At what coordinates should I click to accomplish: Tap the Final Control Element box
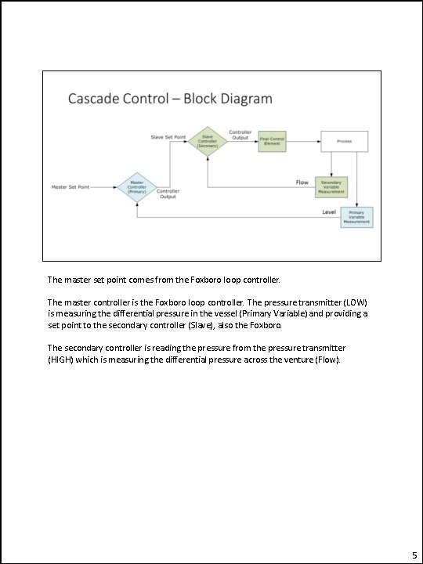tap(273, 142)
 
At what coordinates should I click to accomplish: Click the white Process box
tap(343, 141)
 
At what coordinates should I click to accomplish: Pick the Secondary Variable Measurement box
tap(331, 186)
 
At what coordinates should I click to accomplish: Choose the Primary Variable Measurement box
tap(356, 217)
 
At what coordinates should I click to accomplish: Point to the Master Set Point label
tap(70, 187)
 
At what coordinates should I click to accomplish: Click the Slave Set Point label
tap(168, 138)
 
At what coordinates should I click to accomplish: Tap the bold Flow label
tap(302, 183)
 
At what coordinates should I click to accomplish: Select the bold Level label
tap(329, 211)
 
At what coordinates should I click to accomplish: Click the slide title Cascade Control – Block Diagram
tap(170, 99)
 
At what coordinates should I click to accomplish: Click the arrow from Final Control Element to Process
tap(302, 142)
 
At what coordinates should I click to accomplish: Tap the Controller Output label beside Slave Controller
tap(240, 134)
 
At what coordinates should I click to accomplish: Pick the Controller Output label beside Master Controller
tap(168, 193)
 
